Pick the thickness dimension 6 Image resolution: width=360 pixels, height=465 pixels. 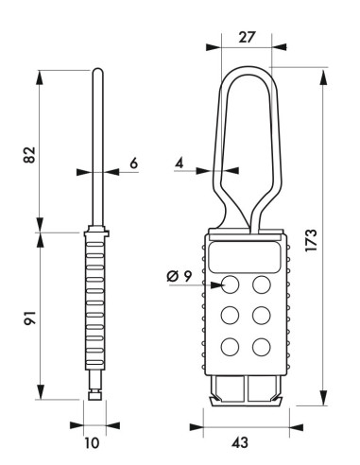[134, 163]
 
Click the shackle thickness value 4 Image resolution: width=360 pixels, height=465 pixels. [180, 162]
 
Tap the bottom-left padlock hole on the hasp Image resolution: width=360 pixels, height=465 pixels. [230, 346]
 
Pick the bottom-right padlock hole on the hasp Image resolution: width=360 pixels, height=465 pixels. [262, 346]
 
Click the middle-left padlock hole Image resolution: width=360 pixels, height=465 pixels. [230, 315]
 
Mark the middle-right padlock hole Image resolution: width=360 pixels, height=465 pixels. [262, 315]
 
